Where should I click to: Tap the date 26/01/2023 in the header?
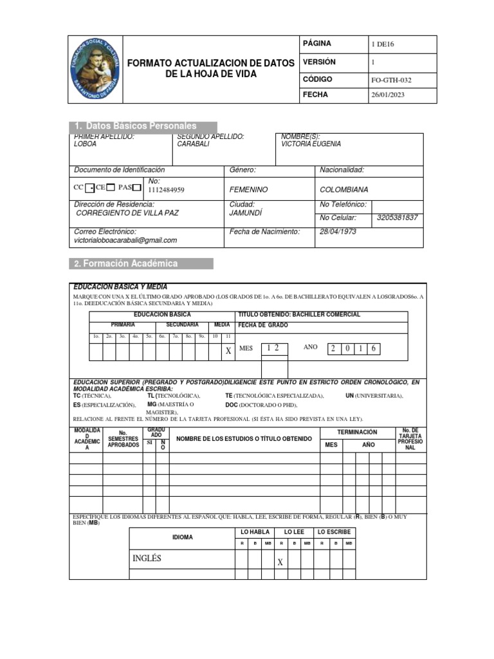point(388,95)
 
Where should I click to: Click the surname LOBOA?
point(85,145)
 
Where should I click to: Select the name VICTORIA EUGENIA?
point(311,145)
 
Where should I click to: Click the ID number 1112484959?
point(166,190)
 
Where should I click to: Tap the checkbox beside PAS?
point(136,187)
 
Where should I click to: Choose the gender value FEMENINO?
point(248,190)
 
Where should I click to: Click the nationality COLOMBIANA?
point(344,190)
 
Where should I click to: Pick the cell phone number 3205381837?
point(397,218)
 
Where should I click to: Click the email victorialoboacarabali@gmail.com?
point(125,241)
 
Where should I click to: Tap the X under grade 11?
point(228,351)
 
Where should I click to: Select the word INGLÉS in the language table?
point(147,559)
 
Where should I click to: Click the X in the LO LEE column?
point(280,562)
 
